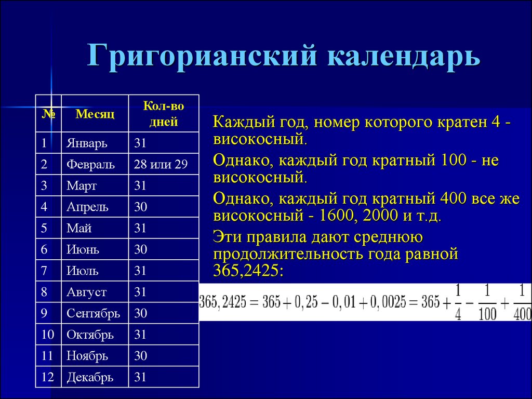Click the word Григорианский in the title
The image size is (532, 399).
coord(203,55)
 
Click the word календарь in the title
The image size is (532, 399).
coord(404,55)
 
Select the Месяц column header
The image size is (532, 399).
coord(95,114)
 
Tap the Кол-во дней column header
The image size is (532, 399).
coord(164,114)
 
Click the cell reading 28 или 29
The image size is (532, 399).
coord(161,164)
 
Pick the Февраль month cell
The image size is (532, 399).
coord(90,165)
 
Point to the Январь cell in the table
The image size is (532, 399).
coord(87,143)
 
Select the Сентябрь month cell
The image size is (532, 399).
coord(94,313)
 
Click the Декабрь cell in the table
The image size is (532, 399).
coord(90,377)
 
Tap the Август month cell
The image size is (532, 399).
coord(87,292)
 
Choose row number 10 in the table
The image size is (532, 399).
coord(47,335)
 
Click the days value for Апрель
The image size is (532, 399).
coord(140,207)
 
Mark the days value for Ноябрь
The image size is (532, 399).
coord(140,356)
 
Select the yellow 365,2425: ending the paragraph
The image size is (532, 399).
coord(248,270)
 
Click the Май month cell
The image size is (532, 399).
coord(79,228)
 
